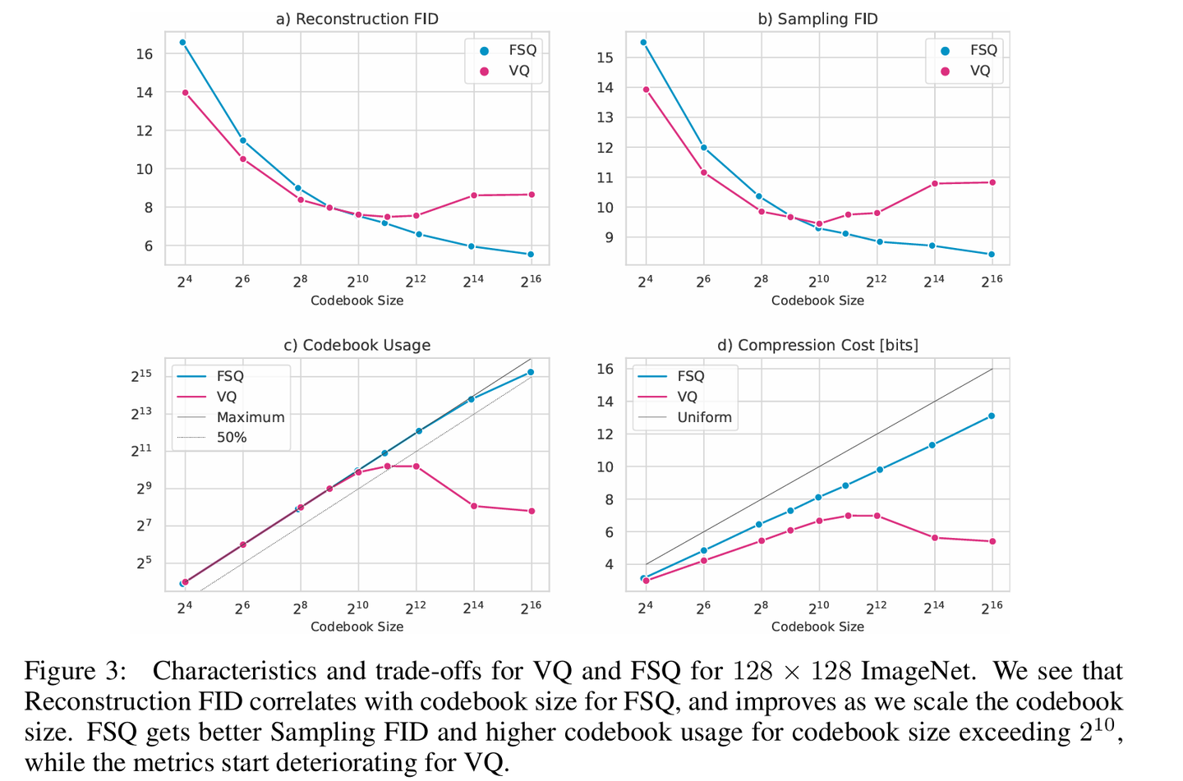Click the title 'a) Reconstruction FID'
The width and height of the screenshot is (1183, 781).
(357, 19)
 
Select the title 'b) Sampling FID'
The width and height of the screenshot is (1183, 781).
(817, 19)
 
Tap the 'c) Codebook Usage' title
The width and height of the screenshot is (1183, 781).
(357, 345)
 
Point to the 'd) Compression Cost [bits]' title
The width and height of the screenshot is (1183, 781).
(817, 345)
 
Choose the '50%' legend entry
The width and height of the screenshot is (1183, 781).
(231, 438)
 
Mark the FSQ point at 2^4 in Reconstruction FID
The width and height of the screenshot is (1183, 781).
(182, 42)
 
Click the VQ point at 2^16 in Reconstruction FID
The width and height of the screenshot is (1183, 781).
(532, 195)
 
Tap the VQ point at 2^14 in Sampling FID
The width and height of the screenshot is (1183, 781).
(934, 183)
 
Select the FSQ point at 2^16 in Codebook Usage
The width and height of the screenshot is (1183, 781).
(531, 372)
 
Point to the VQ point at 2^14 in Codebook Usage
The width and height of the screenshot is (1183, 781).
(474, 506)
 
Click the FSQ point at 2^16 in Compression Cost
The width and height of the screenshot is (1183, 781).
(992, 416)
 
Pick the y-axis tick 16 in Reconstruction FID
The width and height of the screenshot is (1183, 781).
(145, 54)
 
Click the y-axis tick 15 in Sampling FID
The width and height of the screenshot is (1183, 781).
(605, 57)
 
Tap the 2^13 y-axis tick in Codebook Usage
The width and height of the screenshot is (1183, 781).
(141, 414)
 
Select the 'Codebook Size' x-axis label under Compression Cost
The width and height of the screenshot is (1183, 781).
(817, 627)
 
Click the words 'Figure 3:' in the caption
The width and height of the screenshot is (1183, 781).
(76, 671)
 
